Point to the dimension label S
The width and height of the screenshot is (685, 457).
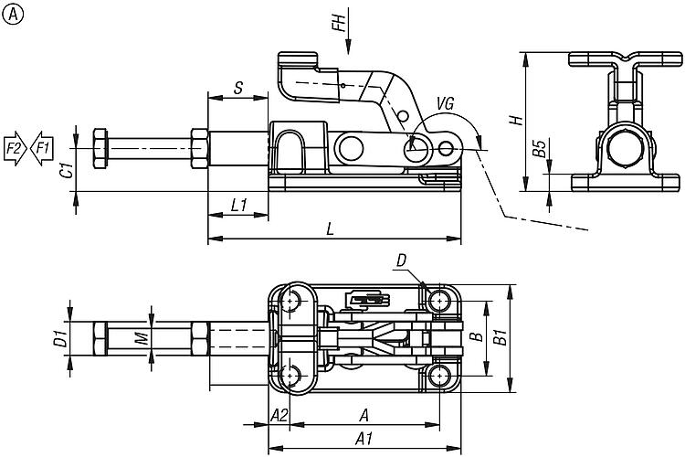click(237, 89)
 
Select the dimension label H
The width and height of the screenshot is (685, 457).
click(516, 121)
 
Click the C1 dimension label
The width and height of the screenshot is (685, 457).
click(66, 170)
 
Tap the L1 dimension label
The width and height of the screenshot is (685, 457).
click(238, 206)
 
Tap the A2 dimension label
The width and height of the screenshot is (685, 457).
click(279, 415)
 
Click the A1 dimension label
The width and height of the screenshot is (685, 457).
click(363, 437)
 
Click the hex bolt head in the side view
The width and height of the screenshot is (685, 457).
click(100, 147)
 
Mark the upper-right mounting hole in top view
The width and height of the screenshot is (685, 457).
click(442, 301)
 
